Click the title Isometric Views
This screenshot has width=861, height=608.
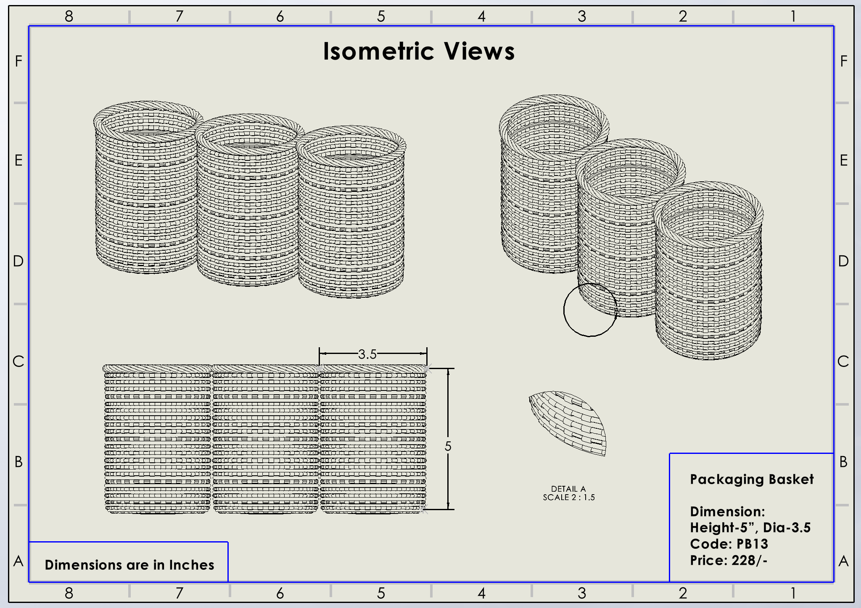(419, 52)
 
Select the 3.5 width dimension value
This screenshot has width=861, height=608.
(367, 354)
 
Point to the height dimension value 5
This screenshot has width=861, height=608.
(448, 446)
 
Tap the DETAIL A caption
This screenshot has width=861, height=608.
(568, 489)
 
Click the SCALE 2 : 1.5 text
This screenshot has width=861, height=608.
(568, 497)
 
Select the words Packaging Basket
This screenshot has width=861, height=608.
(752, 480)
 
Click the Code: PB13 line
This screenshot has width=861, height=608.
(729, 544)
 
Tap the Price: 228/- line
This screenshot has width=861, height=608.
(729, 561)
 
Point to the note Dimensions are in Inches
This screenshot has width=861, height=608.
(129, 565)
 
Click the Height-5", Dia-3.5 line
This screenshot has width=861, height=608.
(750, 528)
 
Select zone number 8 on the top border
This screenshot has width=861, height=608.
(69, 16)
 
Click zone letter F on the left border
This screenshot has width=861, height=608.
(18, 61)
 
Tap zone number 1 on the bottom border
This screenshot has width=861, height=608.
(793, 593)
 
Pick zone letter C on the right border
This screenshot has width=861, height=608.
(843, 362)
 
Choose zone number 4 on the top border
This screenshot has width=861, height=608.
(481, 16)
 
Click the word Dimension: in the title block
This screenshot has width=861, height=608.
(727, 512)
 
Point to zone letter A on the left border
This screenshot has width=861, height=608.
(18, 561)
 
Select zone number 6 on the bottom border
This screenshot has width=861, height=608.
(280, 593)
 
